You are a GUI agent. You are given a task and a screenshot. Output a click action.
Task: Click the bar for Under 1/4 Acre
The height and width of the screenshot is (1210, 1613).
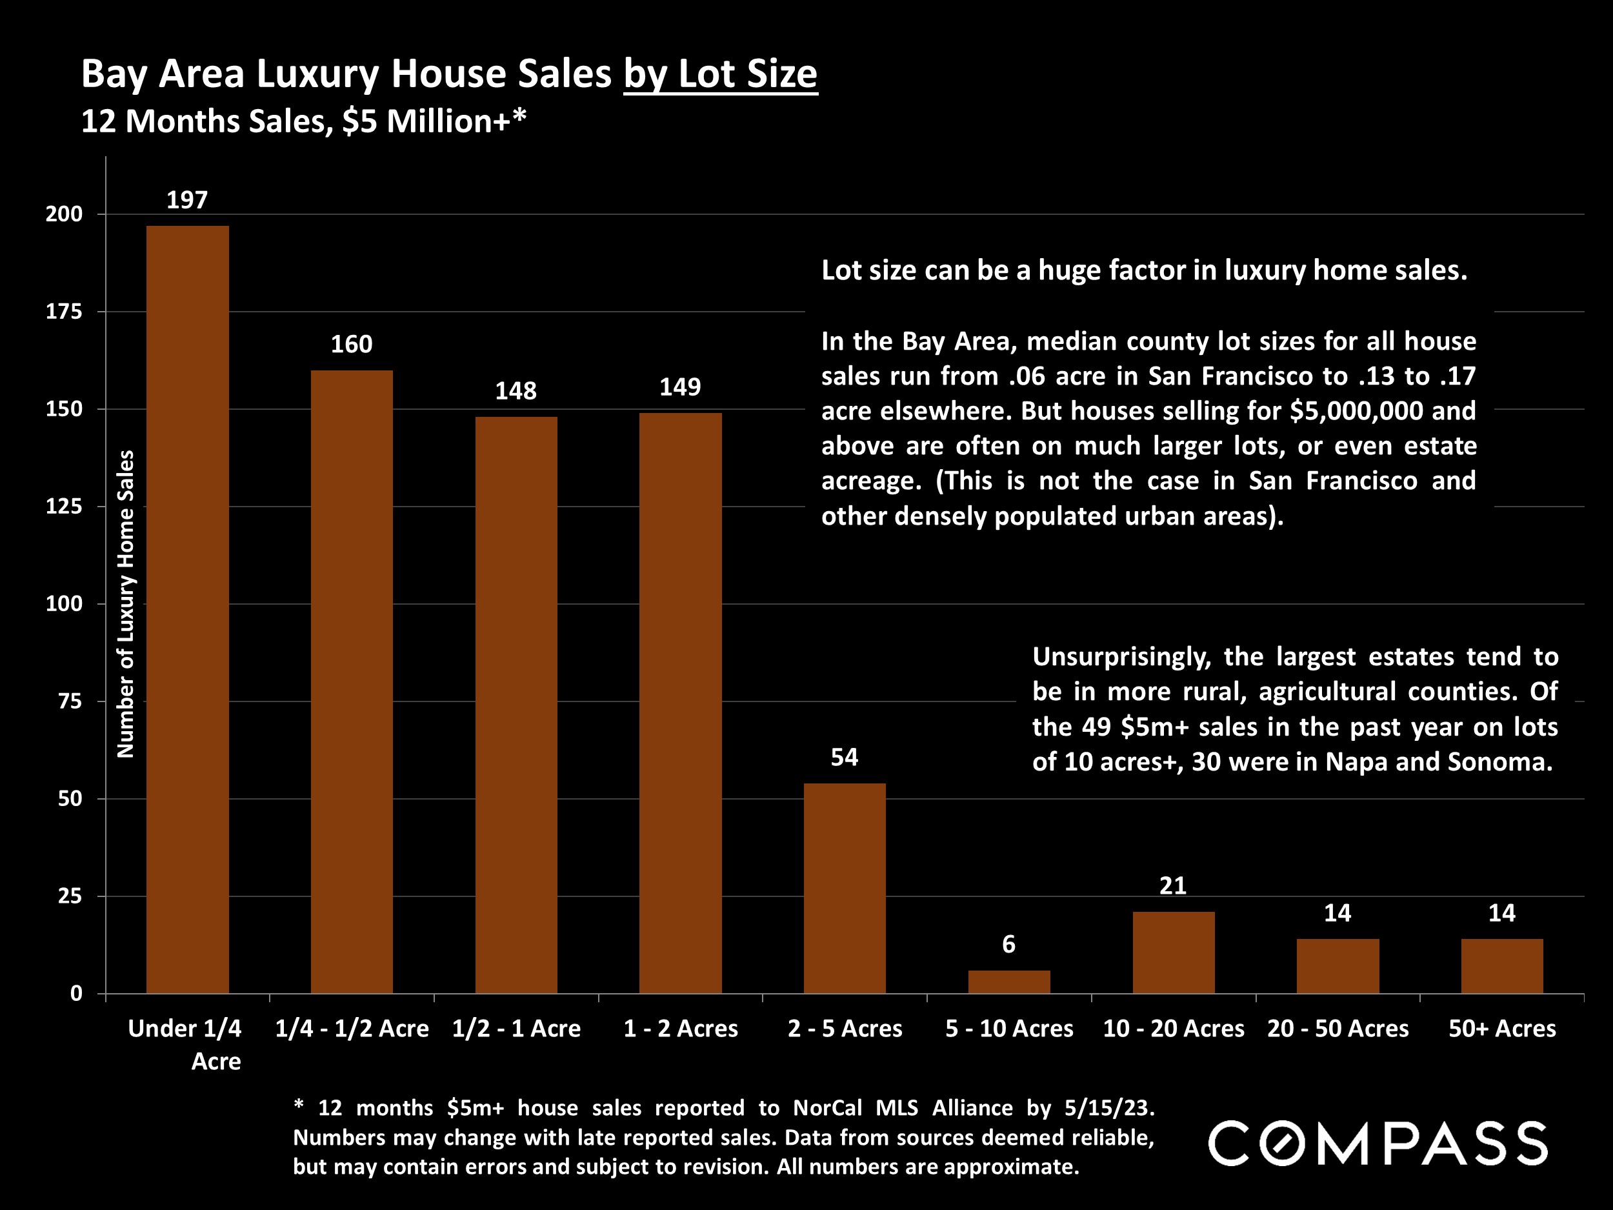[187, 609]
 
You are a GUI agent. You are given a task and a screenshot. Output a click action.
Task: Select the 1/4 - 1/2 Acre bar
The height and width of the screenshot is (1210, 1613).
[352, 681]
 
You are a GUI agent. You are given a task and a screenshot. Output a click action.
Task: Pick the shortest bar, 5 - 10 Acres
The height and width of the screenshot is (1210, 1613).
[1008, 982]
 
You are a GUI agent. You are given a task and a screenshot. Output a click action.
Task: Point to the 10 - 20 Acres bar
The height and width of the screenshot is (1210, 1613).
[1173, 952]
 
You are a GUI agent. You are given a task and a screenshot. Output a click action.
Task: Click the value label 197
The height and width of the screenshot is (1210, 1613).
[187, 200]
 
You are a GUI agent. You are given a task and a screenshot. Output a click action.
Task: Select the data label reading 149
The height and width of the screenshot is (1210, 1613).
[679, 387]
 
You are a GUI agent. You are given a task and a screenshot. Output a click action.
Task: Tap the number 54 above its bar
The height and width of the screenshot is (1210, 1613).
[845, 757]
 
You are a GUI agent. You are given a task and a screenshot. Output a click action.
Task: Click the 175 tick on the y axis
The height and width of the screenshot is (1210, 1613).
[64, 312]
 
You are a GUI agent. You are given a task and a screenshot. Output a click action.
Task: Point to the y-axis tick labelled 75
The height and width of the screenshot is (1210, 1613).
[70, 701]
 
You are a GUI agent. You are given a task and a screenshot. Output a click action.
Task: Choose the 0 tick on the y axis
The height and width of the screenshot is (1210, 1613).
[76, 993]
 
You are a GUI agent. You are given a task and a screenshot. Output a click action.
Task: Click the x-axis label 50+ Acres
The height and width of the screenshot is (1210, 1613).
[1502, 1029]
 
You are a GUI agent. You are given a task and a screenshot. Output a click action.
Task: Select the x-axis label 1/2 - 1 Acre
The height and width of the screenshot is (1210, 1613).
[516, 1029]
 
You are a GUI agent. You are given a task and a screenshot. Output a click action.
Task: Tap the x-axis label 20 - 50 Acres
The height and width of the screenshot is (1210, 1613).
[1338, 1029]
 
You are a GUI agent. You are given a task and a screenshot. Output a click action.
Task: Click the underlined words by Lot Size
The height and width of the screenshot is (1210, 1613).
[721, 74]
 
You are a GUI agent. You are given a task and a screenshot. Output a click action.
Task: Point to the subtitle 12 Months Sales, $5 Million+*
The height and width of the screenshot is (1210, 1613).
[303, 121]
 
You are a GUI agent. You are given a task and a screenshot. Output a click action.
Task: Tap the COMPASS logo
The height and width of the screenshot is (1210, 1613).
[1378, 1144]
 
